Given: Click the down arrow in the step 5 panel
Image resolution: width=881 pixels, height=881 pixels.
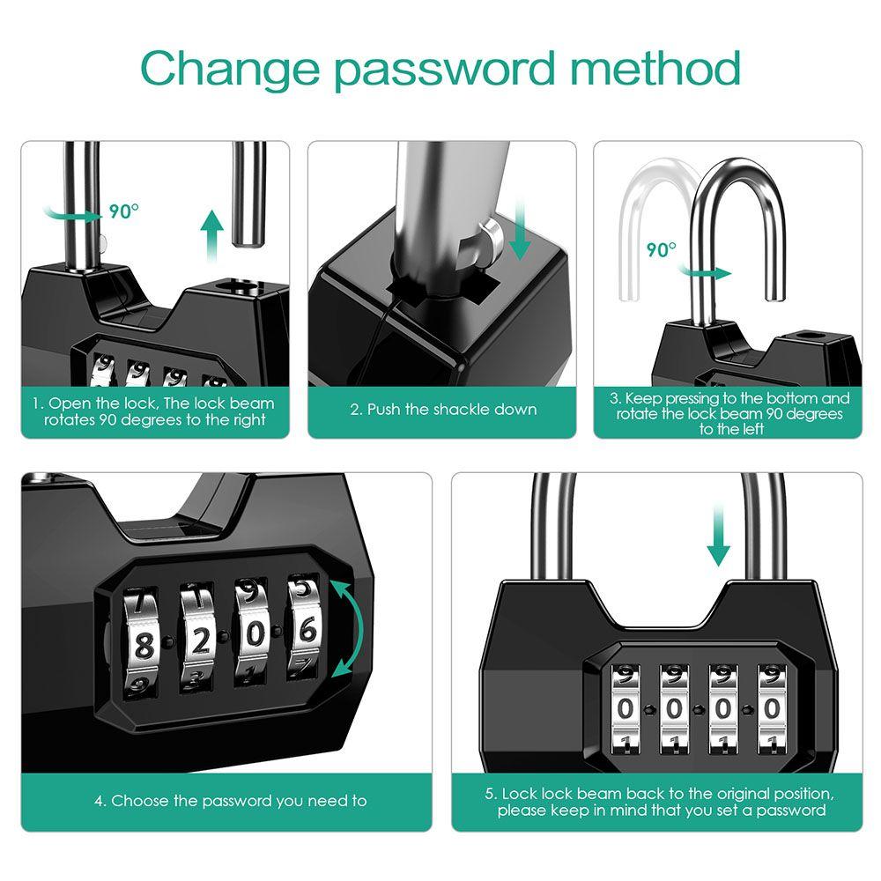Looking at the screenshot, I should click(719, 542).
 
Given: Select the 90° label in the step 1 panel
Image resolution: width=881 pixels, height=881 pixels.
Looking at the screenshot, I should click(124, 211).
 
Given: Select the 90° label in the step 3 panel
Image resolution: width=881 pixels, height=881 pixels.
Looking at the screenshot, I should click(661, 249).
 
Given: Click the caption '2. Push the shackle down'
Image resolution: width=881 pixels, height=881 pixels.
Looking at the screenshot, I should click(442, 409).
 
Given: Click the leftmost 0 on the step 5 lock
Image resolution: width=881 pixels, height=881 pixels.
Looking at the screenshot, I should click(626, 708).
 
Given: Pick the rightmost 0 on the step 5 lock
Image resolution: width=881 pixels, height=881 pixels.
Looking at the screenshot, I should click(772, 708).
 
